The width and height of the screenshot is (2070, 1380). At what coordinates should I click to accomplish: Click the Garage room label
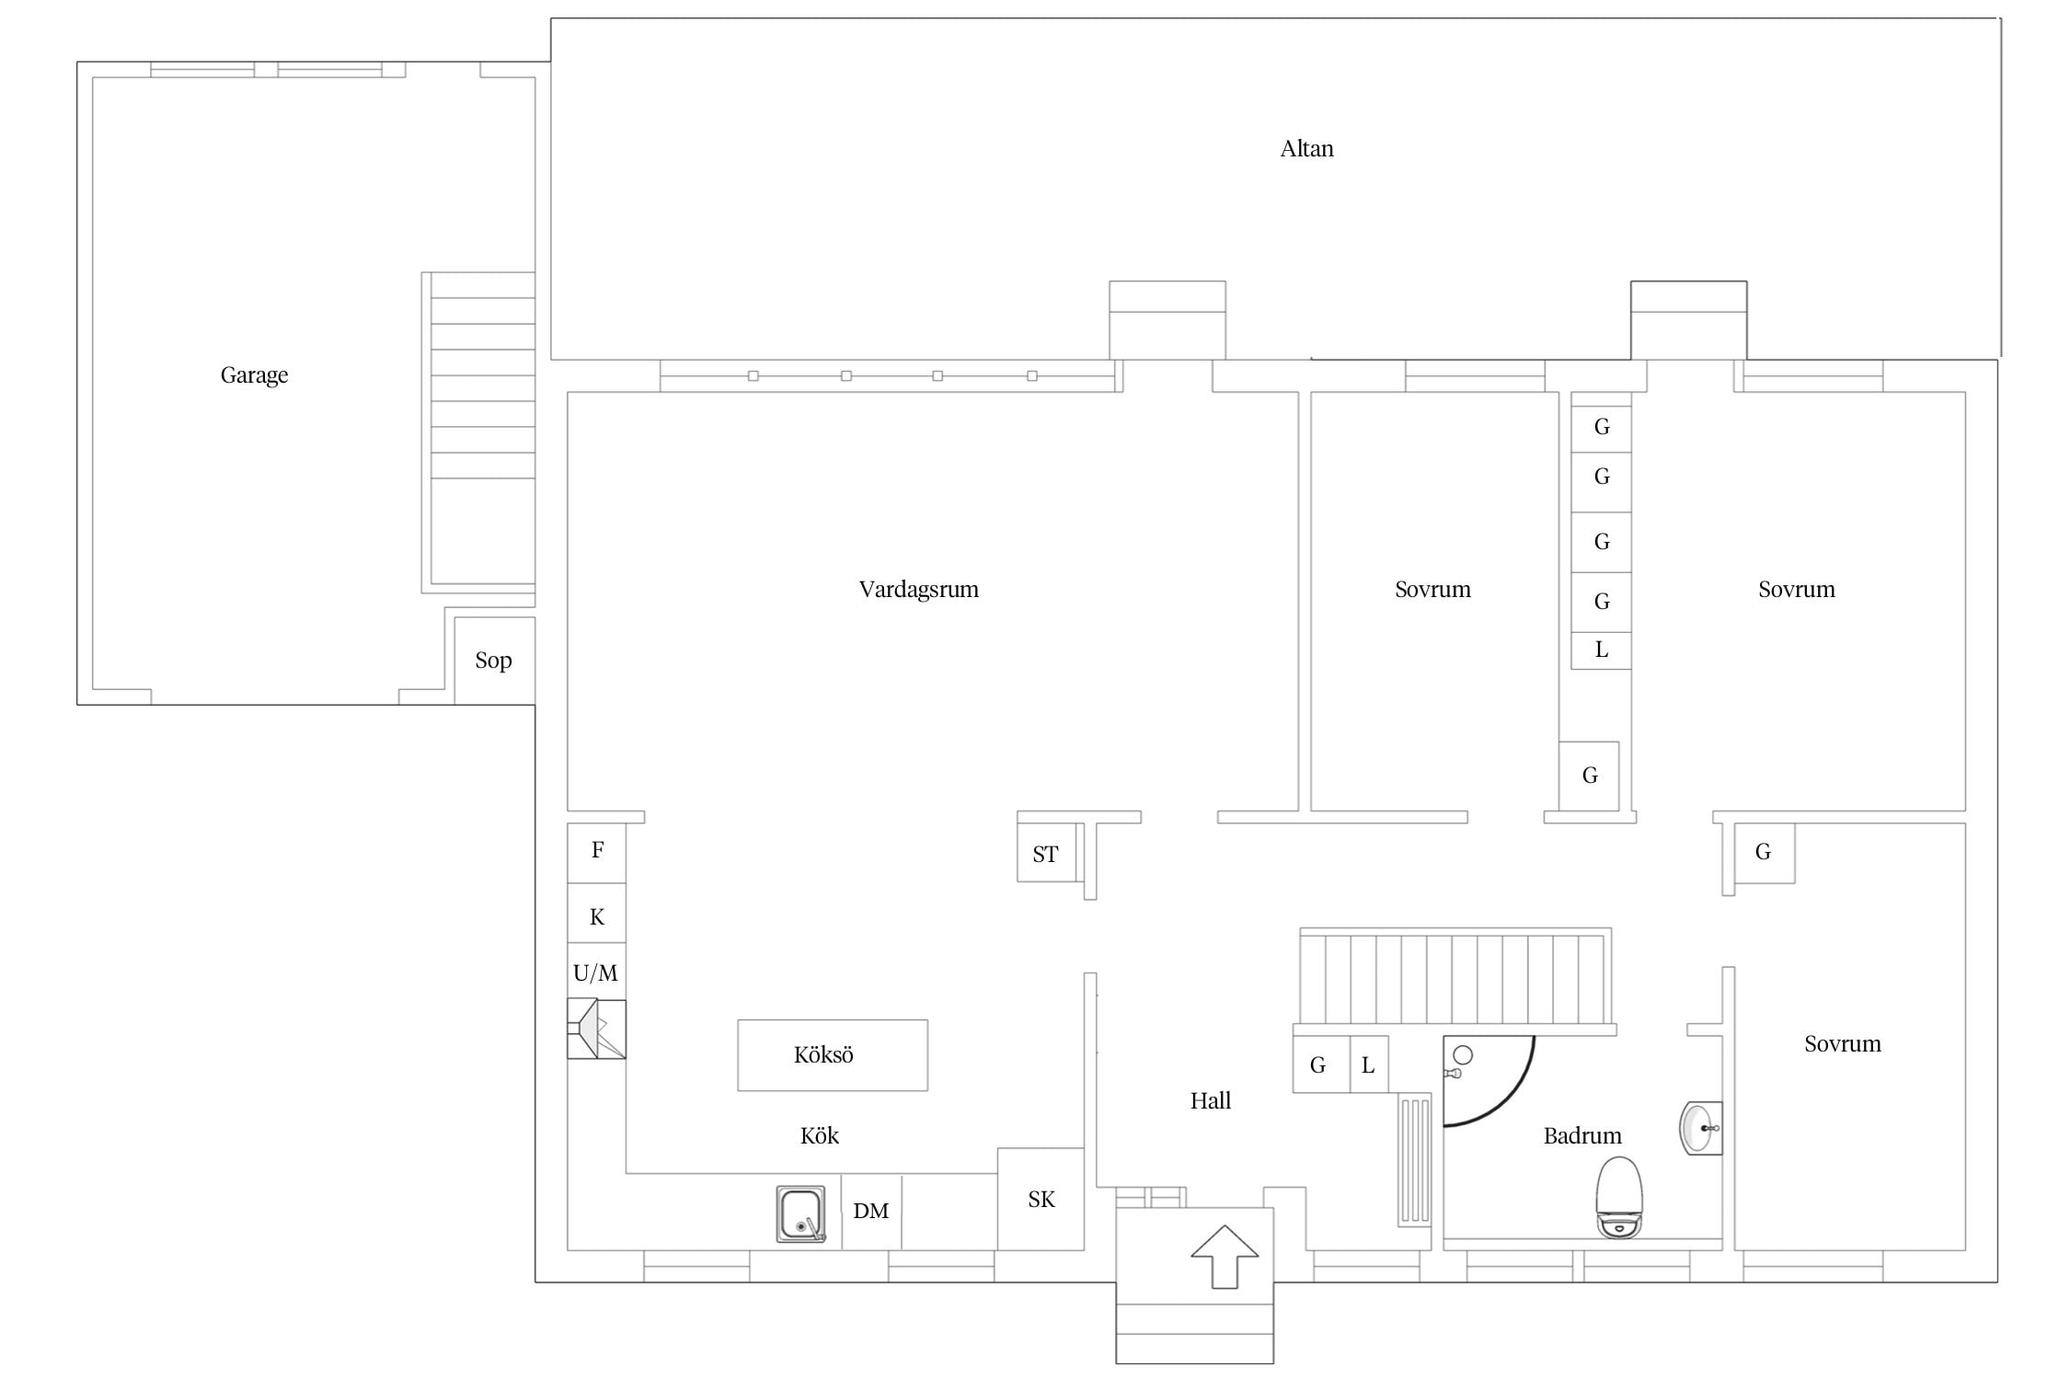coord(254,375)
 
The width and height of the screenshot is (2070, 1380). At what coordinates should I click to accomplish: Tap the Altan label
coord(1306,149)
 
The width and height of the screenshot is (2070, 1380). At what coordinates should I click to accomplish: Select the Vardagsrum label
coord(918,590)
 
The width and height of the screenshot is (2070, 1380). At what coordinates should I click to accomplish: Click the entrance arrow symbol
coord(1225,1256)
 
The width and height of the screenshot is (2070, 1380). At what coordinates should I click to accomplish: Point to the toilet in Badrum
coord(1619,1197)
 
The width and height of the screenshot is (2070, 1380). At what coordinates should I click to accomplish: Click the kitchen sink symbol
coord(800,1214)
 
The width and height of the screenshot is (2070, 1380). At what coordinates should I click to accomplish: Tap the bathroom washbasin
coord(1700,1128)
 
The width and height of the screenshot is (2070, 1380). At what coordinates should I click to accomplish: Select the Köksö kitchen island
coord(833,1055)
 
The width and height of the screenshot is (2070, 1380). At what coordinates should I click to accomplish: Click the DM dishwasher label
coord(870,1211)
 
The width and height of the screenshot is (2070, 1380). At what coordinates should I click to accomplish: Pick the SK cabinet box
coord(1041,1199)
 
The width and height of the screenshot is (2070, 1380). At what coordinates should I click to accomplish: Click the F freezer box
coord(596,853)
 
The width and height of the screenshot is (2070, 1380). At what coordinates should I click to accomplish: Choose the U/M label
coord(595,972)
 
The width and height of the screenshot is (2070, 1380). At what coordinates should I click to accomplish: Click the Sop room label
coord(493,661)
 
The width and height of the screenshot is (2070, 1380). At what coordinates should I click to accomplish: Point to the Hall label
coord(1210,1100)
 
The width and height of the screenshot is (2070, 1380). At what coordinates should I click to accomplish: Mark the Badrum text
coord(1582,1136)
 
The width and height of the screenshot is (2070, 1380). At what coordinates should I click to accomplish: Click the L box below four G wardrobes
coord(1601,650)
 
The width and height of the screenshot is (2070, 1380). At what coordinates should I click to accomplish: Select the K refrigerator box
coord(596,914)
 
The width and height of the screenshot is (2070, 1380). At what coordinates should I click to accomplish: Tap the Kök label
coord(819,1136)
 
